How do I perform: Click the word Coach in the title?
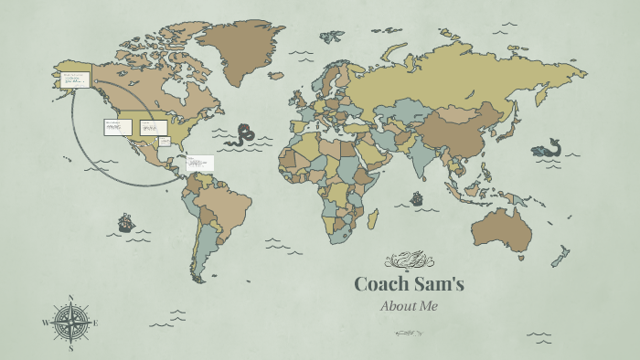click(381, 284)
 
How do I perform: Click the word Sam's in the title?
click(438, 284)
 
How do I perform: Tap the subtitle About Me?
click(409, 306)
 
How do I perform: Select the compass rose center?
click(69, 323)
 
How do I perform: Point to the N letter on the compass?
click(69, 298)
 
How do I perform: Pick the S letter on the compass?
click(69, 348)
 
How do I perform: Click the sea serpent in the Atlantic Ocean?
click(242, 136)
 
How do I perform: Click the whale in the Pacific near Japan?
click(547, 149)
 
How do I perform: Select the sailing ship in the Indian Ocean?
click(417, 197)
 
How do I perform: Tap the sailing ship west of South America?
click(125, 222)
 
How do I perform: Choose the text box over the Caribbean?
click(199, 164)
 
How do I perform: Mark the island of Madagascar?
click(373, 218)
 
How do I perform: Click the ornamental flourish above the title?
click(409, 260)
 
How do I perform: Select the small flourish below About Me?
click(409, 333)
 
